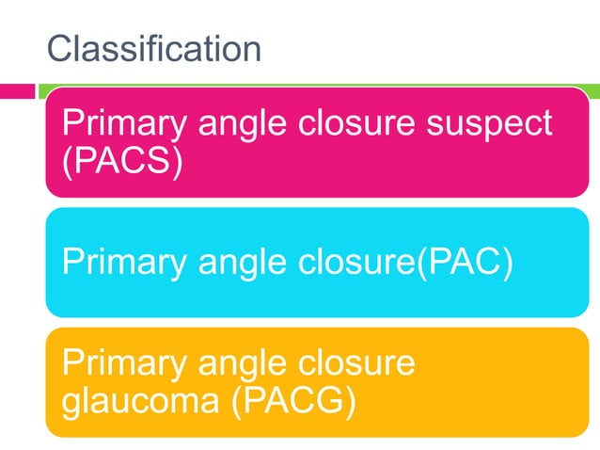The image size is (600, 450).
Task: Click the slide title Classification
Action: [x=154, y=49]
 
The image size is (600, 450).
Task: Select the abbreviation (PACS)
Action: [x=120, y=161]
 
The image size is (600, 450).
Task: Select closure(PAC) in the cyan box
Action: [x=403, y=262]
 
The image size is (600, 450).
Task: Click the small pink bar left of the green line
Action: [x=17, y=91]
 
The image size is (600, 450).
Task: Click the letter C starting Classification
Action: [x=59, y=49]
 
